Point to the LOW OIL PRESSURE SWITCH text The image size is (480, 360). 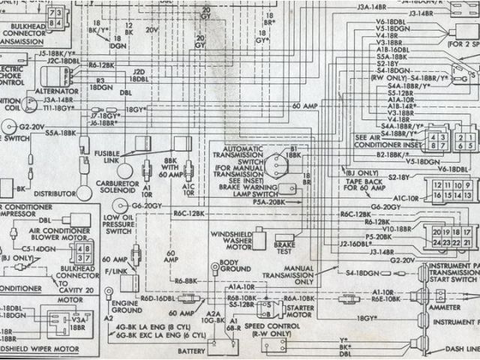[117, 223]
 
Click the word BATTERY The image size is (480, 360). [191, 351]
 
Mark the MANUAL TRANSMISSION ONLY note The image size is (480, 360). [299, 274]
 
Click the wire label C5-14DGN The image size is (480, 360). [37, 248]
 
